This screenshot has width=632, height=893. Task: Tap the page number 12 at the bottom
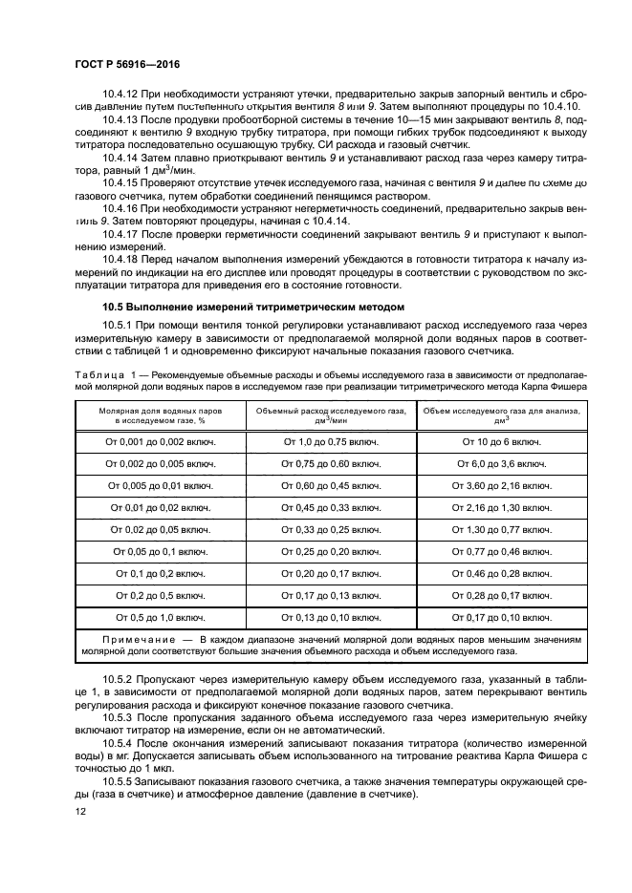(79, 811)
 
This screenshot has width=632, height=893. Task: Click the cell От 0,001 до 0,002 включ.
(160, 442)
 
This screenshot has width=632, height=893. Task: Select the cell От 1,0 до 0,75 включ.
(330, 442)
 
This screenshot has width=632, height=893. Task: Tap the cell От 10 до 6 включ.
(501, 442)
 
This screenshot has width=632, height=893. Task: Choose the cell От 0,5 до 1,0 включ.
(160, 618)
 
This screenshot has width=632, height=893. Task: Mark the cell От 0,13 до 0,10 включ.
(330, 618)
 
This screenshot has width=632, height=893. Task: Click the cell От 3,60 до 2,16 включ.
(501, 486)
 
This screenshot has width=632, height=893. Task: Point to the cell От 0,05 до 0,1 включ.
(160, 552)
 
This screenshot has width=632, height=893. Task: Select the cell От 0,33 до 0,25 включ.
(330, 530)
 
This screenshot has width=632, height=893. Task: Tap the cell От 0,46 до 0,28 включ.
(501, 574)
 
